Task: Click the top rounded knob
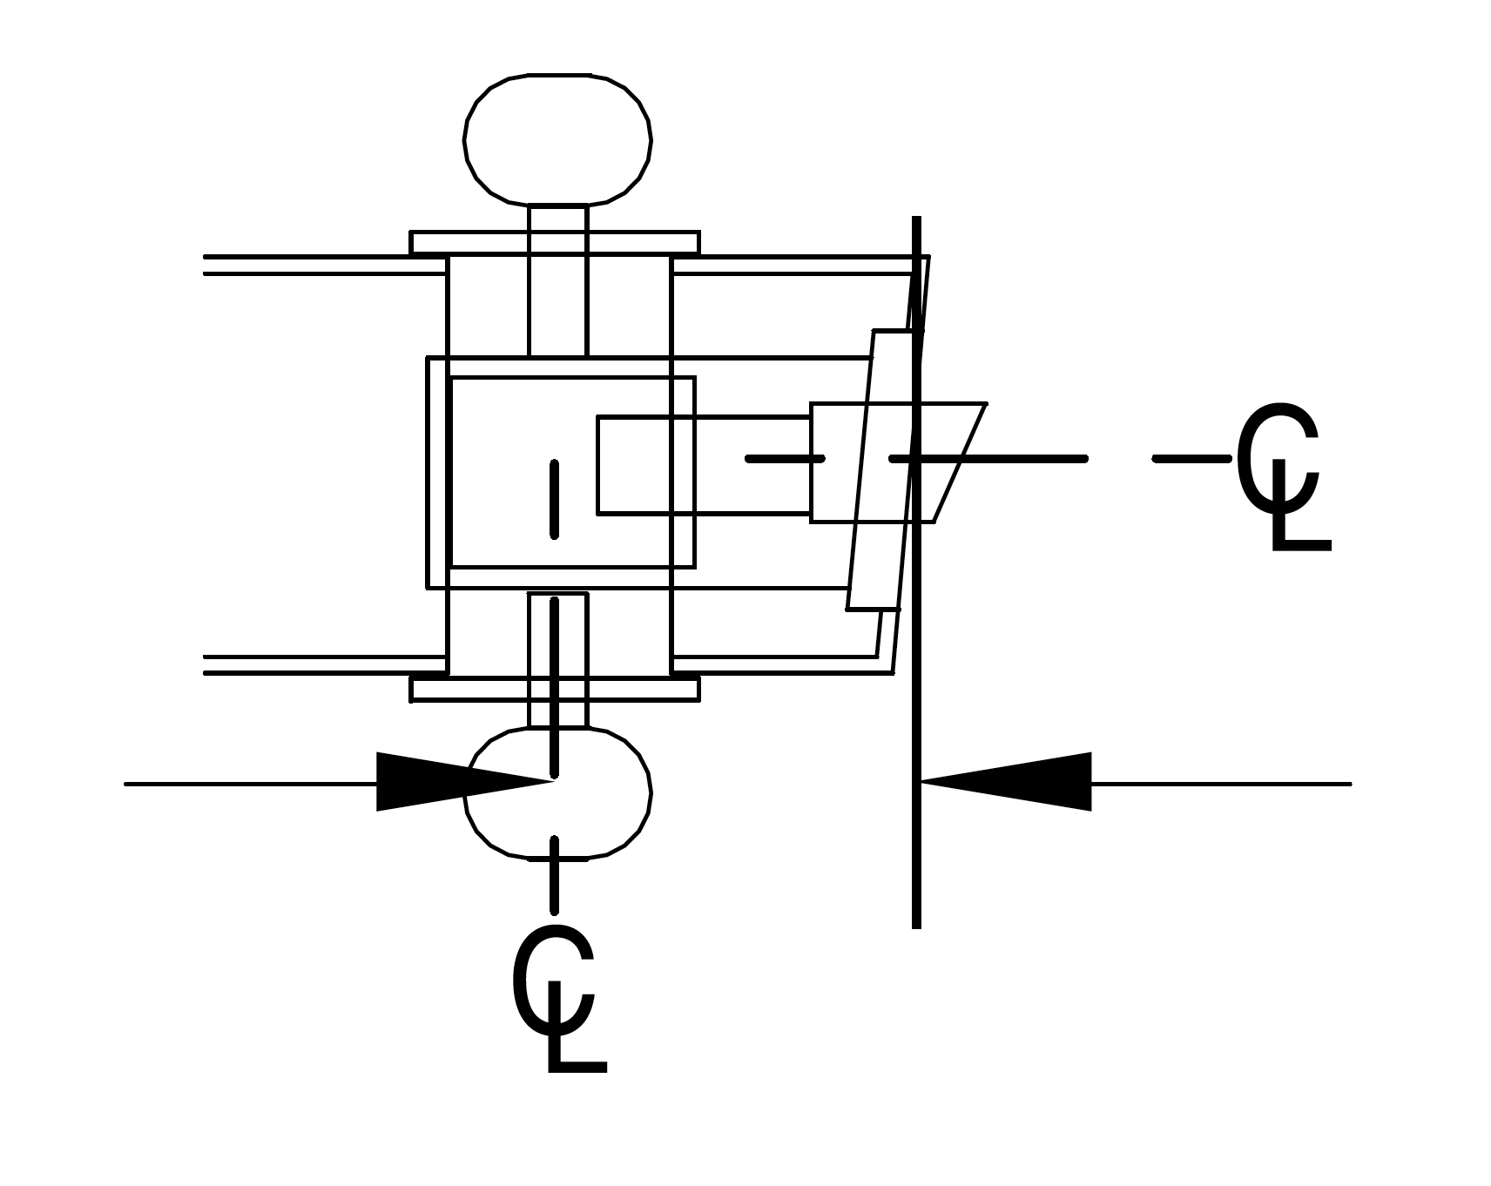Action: point(557,139)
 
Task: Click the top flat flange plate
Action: point(555,243)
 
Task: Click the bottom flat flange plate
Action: point(555,690)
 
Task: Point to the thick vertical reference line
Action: point(916,871)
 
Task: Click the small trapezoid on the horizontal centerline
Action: point(949,462)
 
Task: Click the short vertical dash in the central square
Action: point(555,499)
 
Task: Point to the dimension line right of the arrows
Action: point(1219,784)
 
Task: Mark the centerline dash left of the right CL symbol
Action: point(1190,458)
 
